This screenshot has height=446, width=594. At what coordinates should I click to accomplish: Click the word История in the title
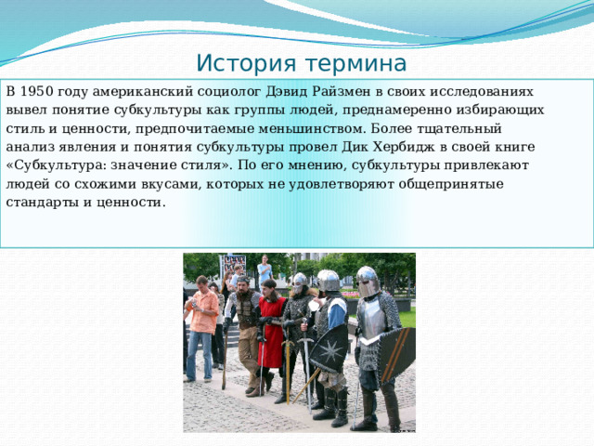(x=246, y=63)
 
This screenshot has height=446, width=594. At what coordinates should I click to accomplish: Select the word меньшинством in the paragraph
(x=311, y=128)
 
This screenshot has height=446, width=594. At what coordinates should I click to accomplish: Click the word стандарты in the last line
(x=42, y=203)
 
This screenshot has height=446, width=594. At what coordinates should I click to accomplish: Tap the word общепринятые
(x=451, y=184)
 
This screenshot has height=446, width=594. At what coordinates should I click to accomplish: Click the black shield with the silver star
(x=329, y=349)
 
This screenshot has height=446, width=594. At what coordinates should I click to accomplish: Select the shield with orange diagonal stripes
(x=396, y=355)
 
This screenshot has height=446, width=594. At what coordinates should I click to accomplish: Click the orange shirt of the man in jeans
(x=204, y=311)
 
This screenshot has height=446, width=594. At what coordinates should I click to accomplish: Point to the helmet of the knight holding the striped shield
(x=368, y=282)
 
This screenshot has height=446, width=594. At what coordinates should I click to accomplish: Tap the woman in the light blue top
(x=265, y=270)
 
